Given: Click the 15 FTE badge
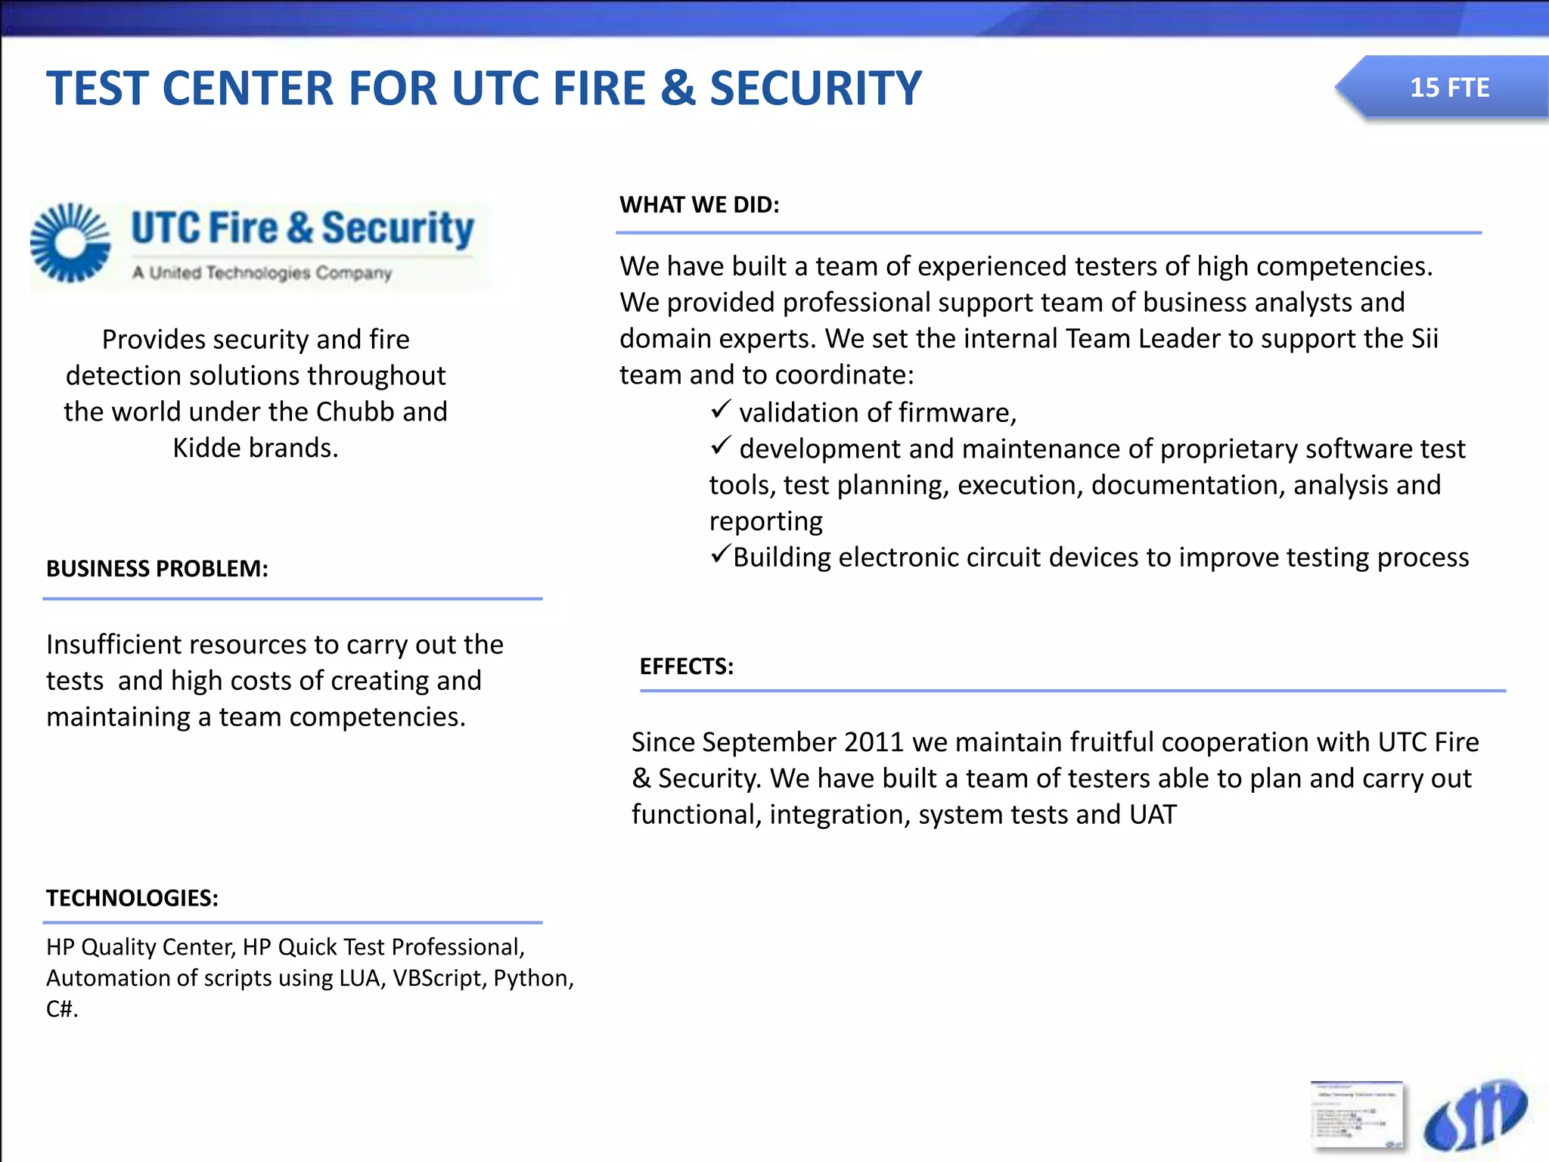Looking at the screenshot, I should coord(1448,88).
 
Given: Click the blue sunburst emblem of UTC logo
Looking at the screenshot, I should coord(70,243).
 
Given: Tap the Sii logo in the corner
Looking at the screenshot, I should coord(1474,1117).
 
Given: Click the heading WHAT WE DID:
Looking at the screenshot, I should coord(699,205).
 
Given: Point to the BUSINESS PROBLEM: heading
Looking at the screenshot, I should coord(157,569).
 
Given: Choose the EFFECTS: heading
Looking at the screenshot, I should coord(686,666).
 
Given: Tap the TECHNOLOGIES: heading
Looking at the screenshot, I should coord(132,898).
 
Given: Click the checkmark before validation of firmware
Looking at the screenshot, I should coord(720,410).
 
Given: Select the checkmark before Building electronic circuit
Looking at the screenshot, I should coord(720,555).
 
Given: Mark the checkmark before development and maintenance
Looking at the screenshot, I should coord(720,446).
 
